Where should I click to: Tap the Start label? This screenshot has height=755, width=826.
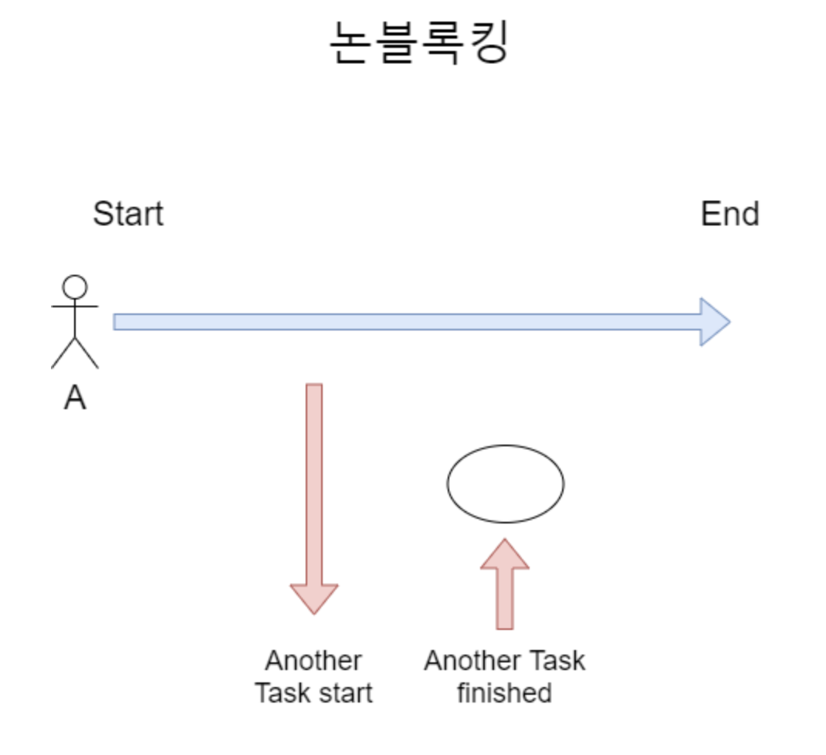coord(128,214)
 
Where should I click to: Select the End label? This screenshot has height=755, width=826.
coord(730,214)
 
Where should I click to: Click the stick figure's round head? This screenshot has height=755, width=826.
coord(75,287)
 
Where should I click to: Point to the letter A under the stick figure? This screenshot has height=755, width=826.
coord(75,398)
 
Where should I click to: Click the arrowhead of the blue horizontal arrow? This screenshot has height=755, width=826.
coord(714,322)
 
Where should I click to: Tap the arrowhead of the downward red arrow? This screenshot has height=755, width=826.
coord(314,598)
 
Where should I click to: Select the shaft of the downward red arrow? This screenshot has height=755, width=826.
coord(314,479)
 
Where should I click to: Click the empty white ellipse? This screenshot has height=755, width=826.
coord(506,484)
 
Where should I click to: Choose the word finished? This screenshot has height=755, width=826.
coord(504,692)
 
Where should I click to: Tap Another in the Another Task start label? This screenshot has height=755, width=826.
coord(313,661)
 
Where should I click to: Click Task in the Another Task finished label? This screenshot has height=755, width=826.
coord(557,661)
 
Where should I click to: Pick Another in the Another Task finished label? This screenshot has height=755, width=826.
coord(472,661)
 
